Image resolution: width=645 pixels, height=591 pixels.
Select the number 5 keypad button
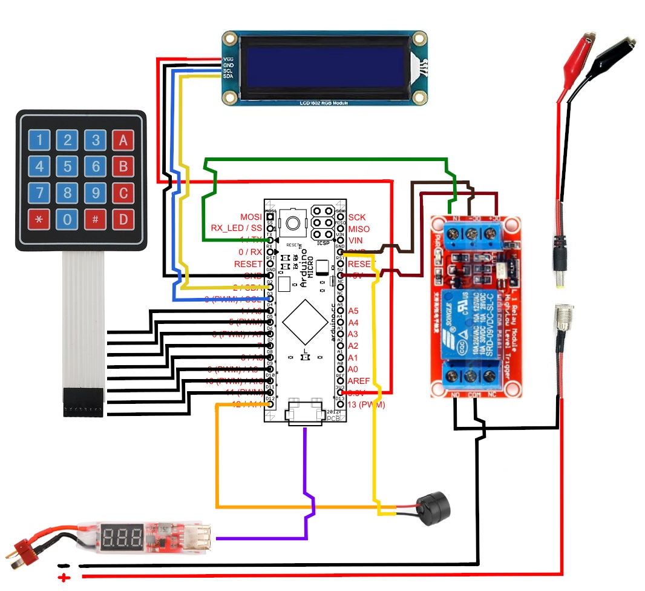point(68,166)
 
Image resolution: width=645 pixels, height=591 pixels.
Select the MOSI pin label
point(252,217)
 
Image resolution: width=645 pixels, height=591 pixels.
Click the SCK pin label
point(357,217)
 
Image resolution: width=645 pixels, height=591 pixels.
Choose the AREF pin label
point(358,380)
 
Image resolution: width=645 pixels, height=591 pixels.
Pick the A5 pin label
point(353,311)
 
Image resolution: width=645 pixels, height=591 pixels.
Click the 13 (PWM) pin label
point(367,404)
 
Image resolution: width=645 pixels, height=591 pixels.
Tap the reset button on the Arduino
point(294,223)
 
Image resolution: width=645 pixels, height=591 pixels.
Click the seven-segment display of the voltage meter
point(123,536)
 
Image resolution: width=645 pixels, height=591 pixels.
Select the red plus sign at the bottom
point(64,578)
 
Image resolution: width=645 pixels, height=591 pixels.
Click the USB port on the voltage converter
point(198,537)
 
